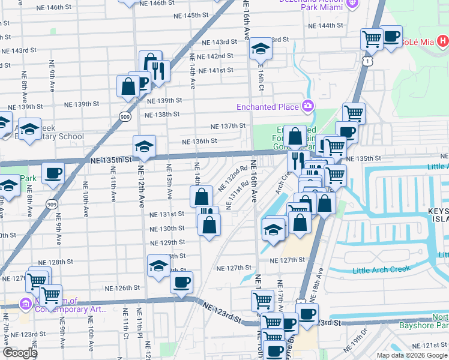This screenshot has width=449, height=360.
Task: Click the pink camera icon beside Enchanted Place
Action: click(x=308, y=106)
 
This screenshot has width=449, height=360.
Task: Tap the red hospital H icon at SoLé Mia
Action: click(x=442, y=41)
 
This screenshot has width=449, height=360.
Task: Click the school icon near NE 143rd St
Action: click(x=261, y=48)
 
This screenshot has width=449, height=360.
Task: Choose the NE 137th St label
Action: click(x=229, y=126)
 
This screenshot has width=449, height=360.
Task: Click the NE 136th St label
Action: click(x=199, y=142)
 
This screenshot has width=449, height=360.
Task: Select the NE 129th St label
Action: click(x=168, y=242)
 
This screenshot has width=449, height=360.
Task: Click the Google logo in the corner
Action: click(x=20, y=353)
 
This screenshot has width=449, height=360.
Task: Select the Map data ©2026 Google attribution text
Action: click(x=412, y=355)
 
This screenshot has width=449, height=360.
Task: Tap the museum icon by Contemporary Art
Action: click(x=25, y=305)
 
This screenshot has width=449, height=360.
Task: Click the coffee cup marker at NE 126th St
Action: click(x=181, y=281)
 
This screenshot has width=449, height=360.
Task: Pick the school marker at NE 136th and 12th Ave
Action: click(x=144, y=146)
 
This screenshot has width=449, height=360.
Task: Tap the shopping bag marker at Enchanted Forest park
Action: click(x=295, y=136)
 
